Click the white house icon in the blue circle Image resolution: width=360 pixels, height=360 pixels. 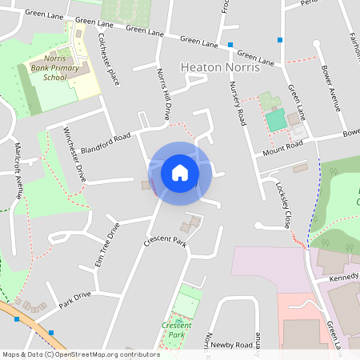click(x=180, y=173)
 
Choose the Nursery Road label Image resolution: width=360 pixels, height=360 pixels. click(x=238, y=103)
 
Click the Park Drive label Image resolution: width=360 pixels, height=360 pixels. click(x=75, y=300)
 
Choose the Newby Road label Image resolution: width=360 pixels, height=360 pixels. click(x=232, y=345)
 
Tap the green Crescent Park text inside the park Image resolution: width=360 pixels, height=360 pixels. click(x=177, y=330)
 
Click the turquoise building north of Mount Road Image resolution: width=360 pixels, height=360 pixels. click(x=275, y=120)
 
